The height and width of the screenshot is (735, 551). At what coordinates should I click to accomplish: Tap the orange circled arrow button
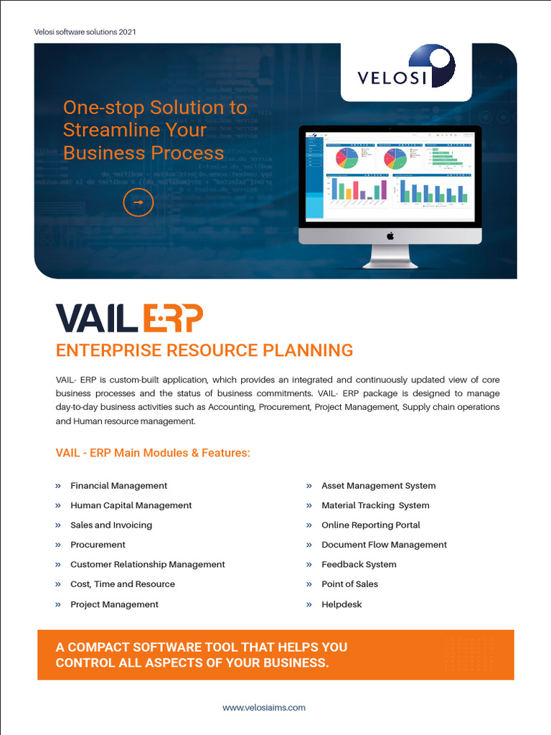coord(138,202)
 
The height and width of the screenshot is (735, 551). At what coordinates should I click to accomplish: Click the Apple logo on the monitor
coord(390,235)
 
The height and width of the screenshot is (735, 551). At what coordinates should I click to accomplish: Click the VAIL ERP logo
coord(129,318)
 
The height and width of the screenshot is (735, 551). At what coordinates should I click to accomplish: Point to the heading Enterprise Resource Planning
coord(204,350)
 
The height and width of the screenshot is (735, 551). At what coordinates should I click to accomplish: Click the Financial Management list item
coord(118,486)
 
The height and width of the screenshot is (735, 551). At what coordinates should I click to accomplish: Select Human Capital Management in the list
coord(131,505)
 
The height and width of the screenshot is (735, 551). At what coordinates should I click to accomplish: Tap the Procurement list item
coord(98,545)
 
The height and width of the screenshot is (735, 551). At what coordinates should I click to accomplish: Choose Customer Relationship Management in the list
coord(147,564)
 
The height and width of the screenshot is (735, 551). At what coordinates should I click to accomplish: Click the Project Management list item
coord(114,604)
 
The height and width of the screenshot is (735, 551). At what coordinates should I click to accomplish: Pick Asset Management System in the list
coord(378,486)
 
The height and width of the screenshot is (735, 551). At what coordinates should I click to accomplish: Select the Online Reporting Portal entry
coord(370,525)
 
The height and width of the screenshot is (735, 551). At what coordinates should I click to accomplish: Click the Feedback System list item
coord(359,564)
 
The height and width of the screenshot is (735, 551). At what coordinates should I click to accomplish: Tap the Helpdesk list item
coord(342,604)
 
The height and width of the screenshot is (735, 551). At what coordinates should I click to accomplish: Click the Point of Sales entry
coord(349,584)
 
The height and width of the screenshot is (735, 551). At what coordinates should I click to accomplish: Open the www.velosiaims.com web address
coord(264,708)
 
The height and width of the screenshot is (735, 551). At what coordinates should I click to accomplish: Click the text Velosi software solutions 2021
coord(85,32)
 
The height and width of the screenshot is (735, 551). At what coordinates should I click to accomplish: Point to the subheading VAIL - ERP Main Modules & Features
coord(153,453)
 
